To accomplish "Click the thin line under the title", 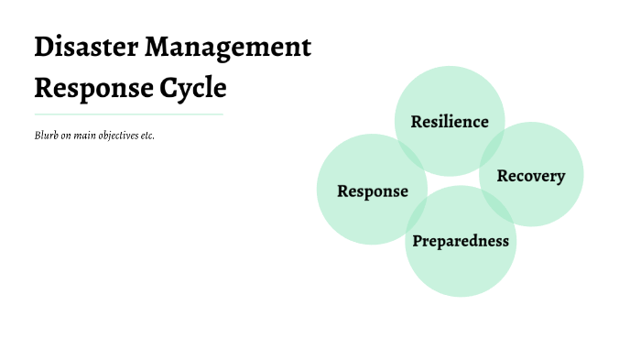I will (x=128, y=115).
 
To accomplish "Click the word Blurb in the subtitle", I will (x=46, y=136).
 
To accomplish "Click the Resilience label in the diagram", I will (x=450, y=122).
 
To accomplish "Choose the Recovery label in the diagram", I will (x=531, y=175).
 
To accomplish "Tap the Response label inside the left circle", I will (x=372, y=191).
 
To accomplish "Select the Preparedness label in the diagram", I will (x=460, y=241).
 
